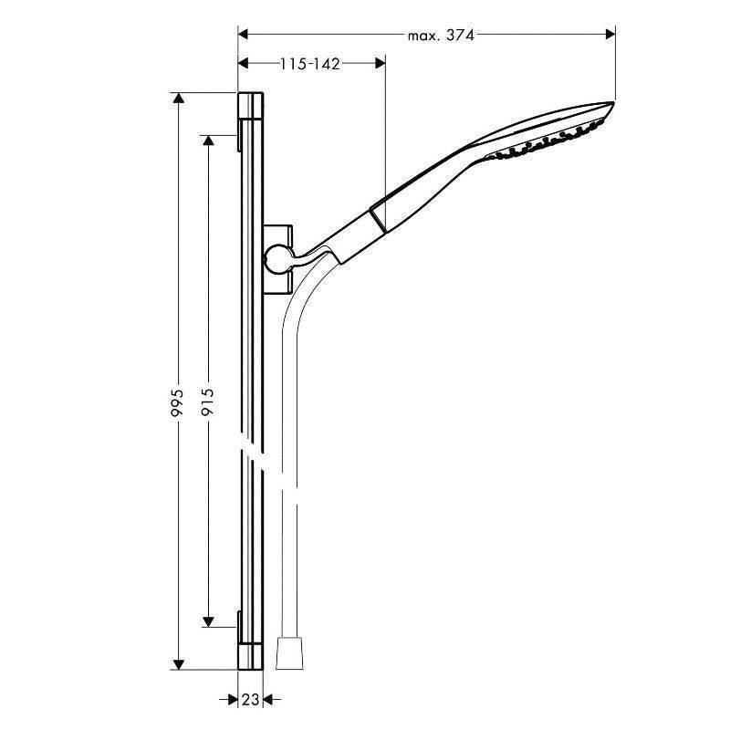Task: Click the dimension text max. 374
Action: point(441,36)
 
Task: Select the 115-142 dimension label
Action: point(310,63)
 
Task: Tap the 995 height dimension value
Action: point(179,402)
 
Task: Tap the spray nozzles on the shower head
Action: point(547,141)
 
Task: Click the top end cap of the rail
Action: point(251,108)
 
